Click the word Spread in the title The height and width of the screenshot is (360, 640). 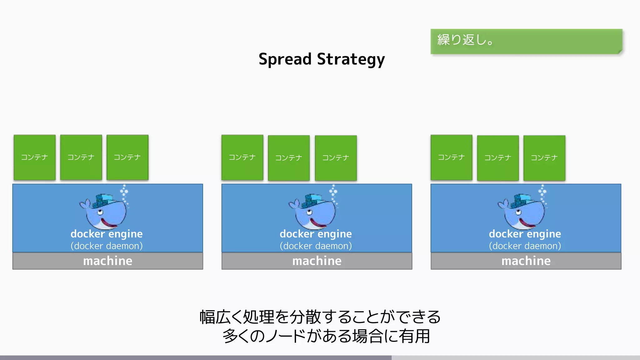(285, 59)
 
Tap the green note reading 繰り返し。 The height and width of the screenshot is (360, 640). (526, 41)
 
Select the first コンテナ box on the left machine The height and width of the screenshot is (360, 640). (35, 157)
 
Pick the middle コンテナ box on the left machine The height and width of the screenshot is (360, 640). (81, 157)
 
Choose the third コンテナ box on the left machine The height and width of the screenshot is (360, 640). (127, 157)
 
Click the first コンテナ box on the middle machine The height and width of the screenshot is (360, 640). (242, 157)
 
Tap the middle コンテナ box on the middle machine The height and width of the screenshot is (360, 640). (289, 158)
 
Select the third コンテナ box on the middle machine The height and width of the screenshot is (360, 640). (336, 158)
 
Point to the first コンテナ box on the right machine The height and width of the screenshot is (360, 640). (451, 157)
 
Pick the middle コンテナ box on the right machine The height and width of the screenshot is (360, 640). (498, 158)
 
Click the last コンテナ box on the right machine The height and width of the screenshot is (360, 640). (544, 158)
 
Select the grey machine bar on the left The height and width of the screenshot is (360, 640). (107, 261)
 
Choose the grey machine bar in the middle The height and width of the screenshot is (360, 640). (317, 261)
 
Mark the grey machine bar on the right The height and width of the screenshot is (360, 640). (526, 261)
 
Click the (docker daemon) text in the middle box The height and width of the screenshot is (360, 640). (316, 246)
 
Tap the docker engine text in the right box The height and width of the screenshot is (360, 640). (525, 234)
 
